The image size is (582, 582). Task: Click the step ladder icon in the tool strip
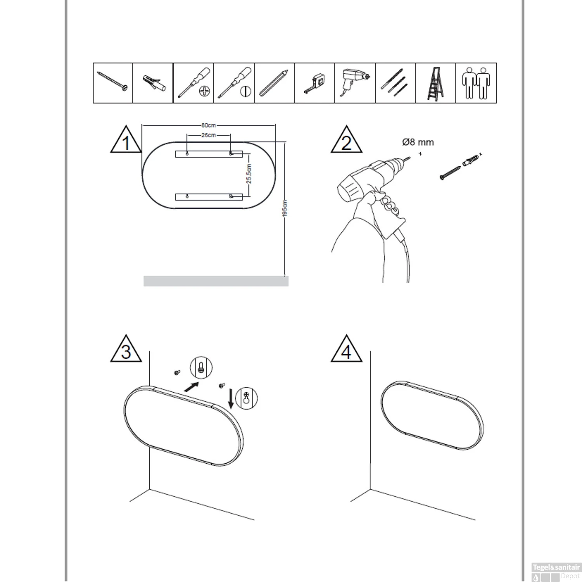pyautogui.click(x=435, y=83)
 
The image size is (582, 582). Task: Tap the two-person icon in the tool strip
pyautogui.click(x=476, y=83)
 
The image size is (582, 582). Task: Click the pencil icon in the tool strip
pyautogui.click(x=274, y=83)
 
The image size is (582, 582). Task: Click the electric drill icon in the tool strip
pyautogui.click(x=355, y=82)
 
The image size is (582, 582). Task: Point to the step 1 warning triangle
pyautogui.click(x=126, y=140)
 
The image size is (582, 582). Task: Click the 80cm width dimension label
pyautogui.click(x=208, y=125)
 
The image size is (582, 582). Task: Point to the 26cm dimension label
pyautogui.click(x=208, y=135)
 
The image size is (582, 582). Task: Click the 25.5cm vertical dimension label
pyautogui.click(x=249, y=174)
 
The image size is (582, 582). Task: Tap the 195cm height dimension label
pyautogui.click(x=285, y=208)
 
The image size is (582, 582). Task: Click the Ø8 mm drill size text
pyautogui.click(x=418, y=142)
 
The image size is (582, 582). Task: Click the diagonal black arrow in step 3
pyautogui.click(x=192, y=387)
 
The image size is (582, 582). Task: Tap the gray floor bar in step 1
pyautogui.click(x=216, y=281)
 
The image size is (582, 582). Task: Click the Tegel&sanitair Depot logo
pyautogui.click(x=556, y=572)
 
